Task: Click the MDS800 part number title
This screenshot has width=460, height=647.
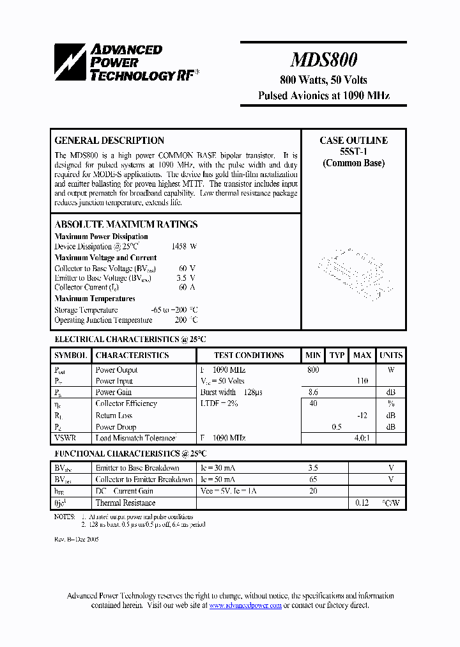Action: coord(323,60)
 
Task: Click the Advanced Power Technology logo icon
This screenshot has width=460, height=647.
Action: coord(70,63)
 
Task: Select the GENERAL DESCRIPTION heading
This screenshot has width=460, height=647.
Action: coord(109,141)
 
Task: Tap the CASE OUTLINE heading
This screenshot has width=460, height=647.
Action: coord(353,141)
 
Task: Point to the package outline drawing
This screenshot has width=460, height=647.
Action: coord(353,272)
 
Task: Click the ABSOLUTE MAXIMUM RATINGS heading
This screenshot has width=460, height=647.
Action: coord(126,224)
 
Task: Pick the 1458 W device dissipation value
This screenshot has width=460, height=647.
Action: coord(184,247)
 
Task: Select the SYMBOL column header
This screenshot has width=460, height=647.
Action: coord(71,355)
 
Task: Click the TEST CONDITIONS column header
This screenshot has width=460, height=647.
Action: coord(249,355)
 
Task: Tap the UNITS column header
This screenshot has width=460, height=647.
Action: coord(390,355)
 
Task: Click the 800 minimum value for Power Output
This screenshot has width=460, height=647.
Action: coord(313,370)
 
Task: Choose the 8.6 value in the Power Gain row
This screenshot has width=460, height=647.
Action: coord(313,393)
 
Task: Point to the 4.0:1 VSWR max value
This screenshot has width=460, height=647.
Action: coord(362,439)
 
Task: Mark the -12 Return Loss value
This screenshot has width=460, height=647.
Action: coord(362,416)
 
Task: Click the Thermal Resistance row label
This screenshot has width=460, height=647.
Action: coord(125,503)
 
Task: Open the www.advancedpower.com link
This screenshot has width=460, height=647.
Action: coord(245,605)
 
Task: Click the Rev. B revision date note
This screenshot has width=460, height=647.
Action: coord(76,539)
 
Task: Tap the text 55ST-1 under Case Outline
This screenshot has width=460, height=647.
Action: coord(353,152)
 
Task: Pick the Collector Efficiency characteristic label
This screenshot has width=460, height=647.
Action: coord(126,404)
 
